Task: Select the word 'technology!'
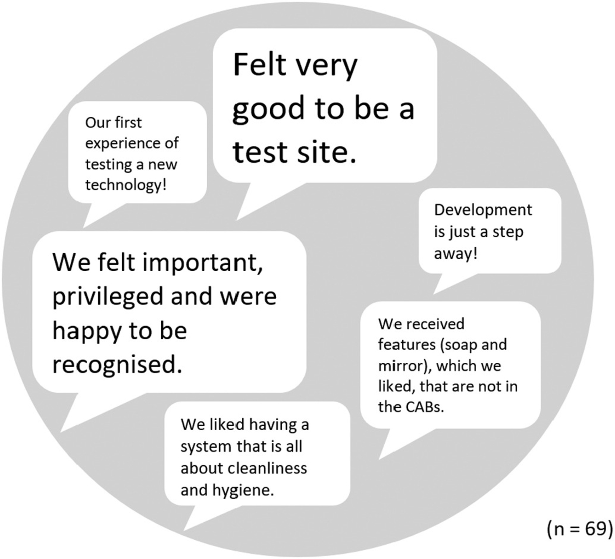coord(126,186)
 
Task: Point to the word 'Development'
coord(483,211)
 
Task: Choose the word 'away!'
coord(456,254)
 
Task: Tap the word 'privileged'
coord(108,297)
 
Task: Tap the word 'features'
coord(407,345)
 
